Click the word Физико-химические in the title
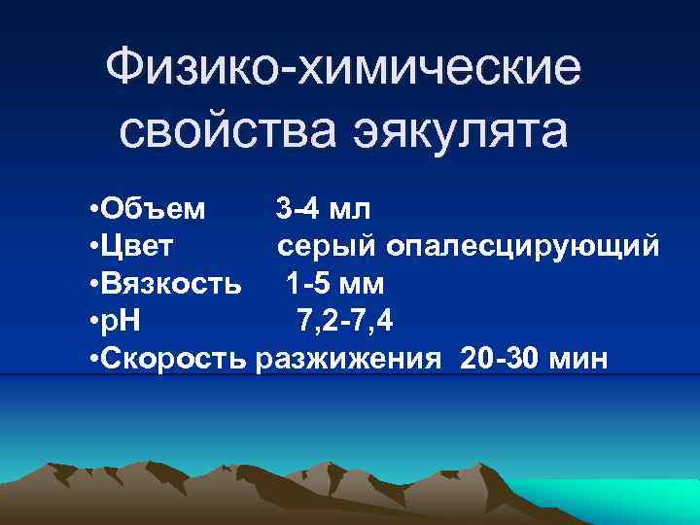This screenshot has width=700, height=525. point(345,69)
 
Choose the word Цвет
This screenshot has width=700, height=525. point(139,245)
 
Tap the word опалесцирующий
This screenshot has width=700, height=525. point(524,247)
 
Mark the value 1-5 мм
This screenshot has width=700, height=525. point(335,283)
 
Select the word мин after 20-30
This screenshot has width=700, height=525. point(578,359)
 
